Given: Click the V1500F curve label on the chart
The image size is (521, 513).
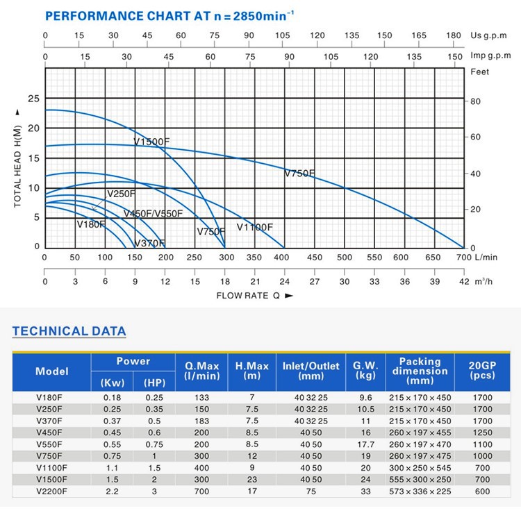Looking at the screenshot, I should tap(151, 142).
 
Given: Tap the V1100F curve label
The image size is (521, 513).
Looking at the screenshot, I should tap(255, 227).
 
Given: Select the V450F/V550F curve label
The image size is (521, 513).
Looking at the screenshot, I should tap(153, 214).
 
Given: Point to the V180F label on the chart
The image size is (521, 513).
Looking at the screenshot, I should tap(91, 224).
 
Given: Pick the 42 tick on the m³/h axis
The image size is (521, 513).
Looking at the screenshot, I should tap(464, 281).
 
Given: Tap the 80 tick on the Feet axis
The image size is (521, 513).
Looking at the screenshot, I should tap(475, 101).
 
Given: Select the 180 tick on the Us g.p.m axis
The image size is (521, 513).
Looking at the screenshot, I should tap(454, 35).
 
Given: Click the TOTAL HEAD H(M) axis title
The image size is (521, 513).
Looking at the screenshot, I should tap(18, 157).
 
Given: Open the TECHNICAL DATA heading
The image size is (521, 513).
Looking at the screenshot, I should tap(69, 331).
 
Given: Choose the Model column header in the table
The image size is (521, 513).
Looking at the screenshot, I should tap(52, 371).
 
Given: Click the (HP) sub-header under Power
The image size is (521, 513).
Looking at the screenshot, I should tap(154, 382).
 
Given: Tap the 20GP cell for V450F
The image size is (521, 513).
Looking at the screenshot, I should tap(481, 432).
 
